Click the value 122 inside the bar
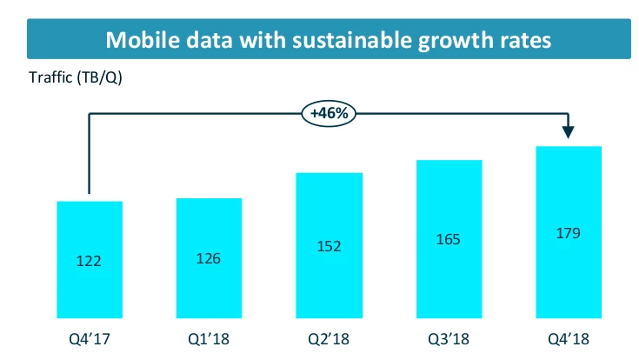point(90,262)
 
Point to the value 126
point(209,258)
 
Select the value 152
point(329,247)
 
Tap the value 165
point(449,239)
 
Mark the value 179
point(569,232)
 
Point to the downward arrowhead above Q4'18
point(569,131)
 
